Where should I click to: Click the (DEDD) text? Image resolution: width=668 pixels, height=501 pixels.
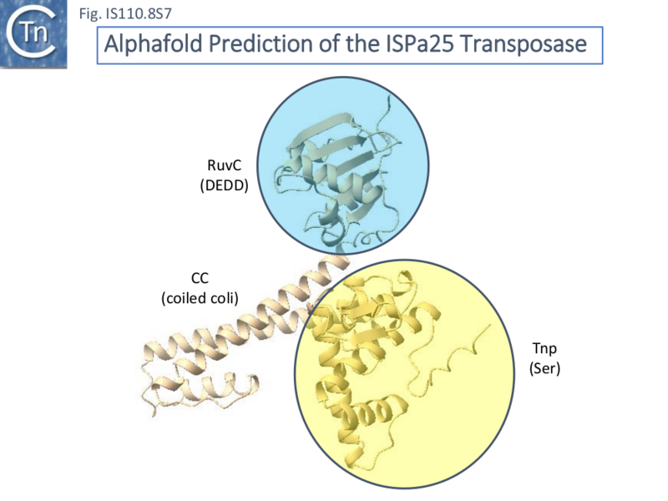pos(225,187)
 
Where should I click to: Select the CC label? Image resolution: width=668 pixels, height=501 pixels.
pos(200,279)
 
